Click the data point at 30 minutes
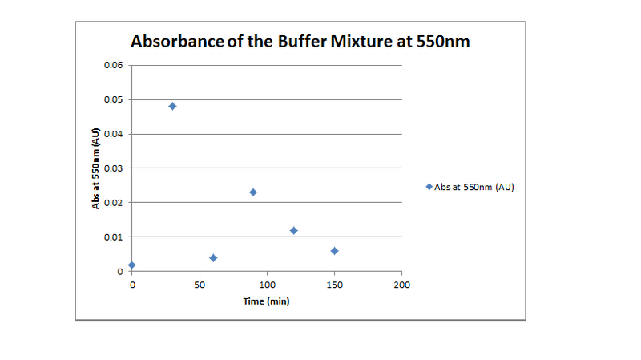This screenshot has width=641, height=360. [172, 106]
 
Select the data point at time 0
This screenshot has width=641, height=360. [132, 265]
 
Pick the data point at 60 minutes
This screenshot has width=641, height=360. [213, 257]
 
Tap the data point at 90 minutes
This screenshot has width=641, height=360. [253, 192]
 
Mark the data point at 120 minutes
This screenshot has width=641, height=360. [294, 230]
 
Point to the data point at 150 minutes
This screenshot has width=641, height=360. [334, 251]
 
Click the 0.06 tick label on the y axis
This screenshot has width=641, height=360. [113, 65]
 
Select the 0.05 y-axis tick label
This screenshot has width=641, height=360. [113, 99]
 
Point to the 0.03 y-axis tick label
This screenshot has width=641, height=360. [113, 168]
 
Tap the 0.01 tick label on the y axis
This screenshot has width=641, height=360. [113, 237]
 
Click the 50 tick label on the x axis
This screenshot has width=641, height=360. [200, 285]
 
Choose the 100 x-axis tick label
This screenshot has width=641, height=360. [267, 285]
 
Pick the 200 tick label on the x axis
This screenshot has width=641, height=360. [402, 285]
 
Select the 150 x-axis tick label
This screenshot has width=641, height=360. [334, 285]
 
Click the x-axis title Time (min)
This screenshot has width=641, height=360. [267, 301]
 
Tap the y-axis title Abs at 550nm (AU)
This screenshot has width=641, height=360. [95, 168]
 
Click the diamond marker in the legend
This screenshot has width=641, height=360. [429, 186]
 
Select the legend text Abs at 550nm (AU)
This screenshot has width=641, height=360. [474, 187]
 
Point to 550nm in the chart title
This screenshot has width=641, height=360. [441, 42]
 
